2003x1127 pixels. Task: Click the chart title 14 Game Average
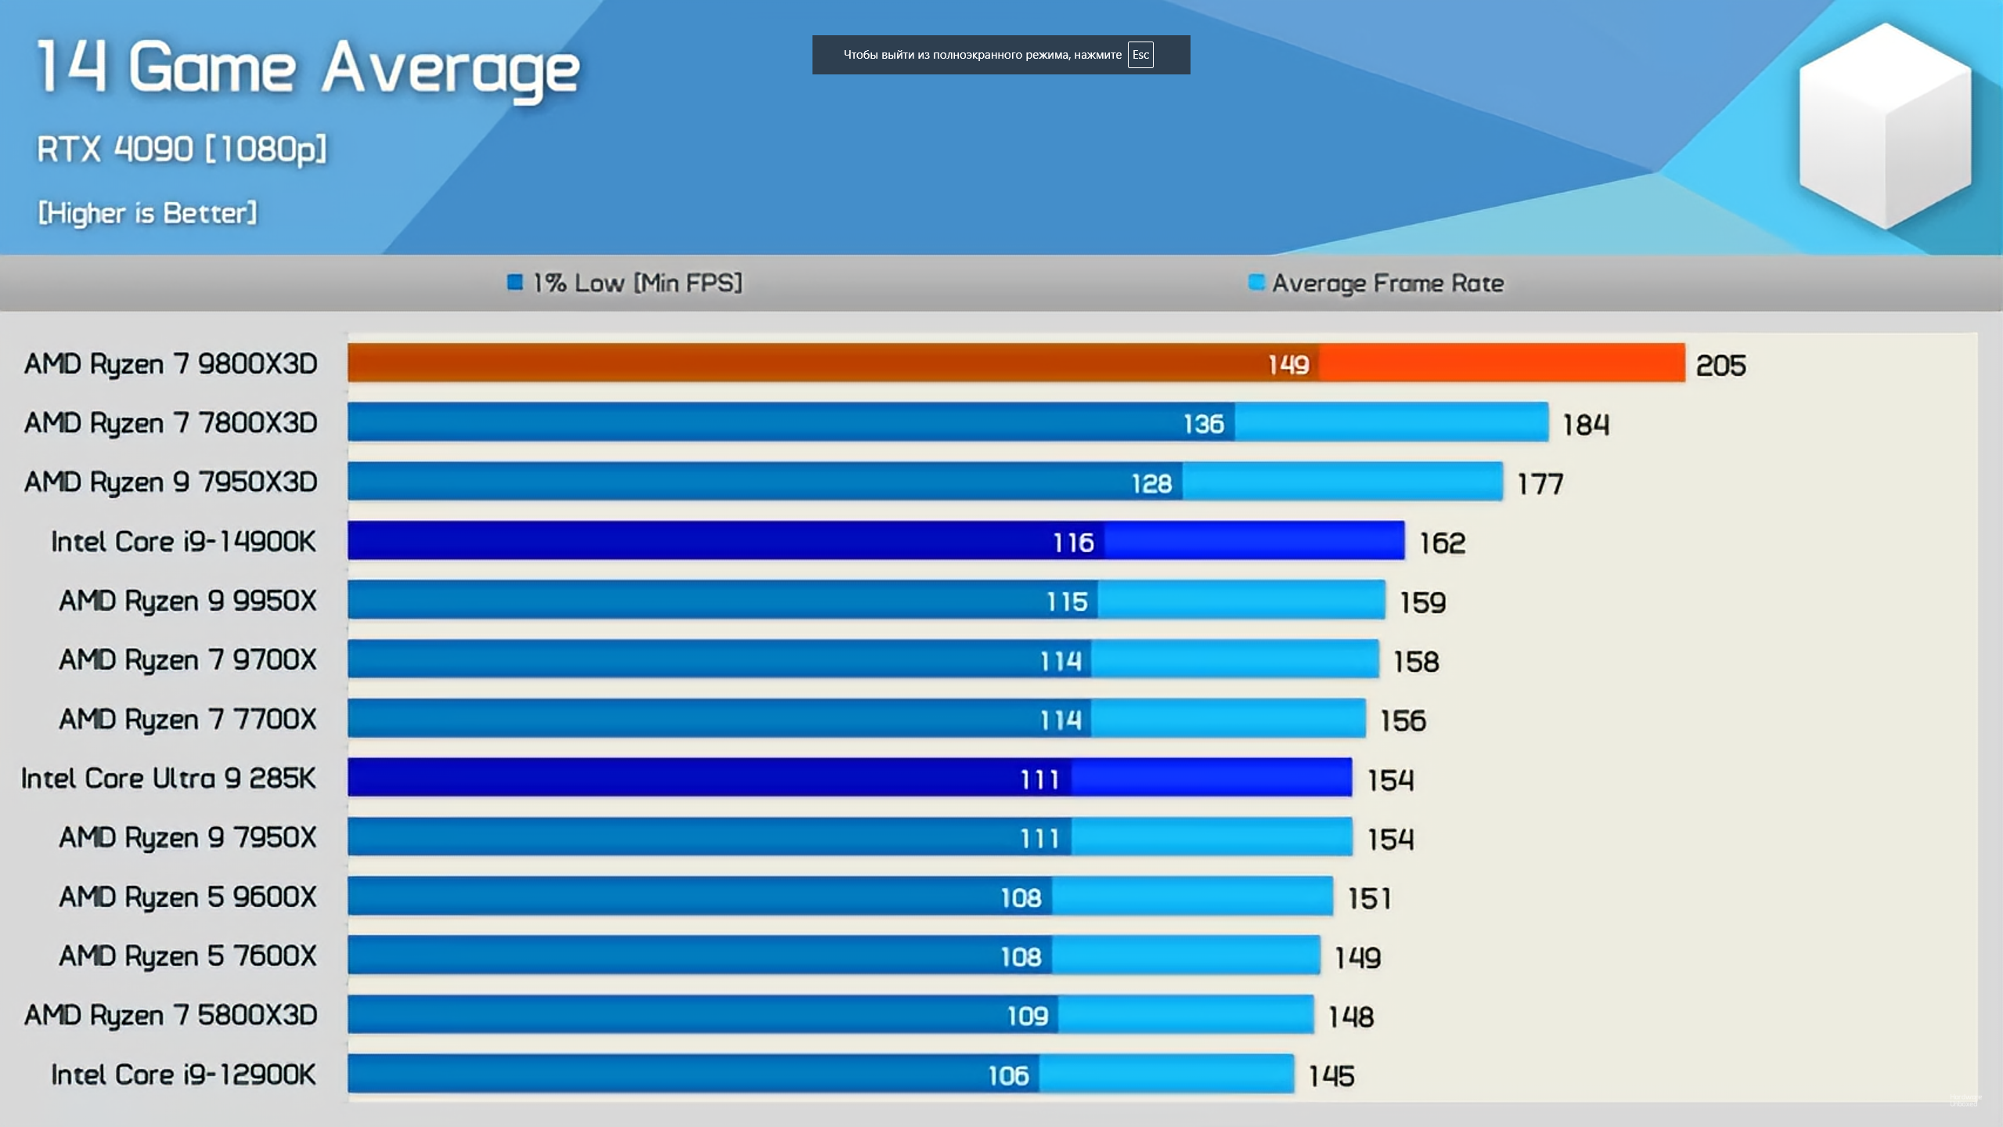(x=308, y=69)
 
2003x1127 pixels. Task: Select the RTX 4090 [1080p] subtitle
(x=182, y=149)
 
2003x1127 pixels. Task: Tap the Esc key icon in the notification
(x=1140, y=55)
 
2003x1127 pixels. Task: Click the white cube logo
(x=1884, y=125)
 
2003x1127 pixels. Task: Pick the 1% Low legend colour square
(x=515, y=282)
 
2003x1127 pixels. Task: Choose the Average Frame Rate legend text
(x=1387, y=283)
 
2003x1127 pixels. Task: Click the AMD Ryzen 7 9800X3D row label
(x=171, y=364)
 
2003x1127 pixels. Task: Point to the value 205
(x=1720, y=366)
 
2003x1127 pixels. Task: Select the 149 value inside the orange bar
(x=1288, y=364)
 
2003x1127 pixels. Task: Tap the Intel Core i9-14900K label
(x=183, y=542)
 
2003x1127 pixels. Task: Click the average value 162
(x=1442, y=544)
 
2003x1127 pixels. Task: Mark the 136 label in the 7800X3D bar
(x=1203, y=424)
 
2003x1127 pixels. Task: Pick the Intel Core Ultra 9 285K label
(x=168, y=778)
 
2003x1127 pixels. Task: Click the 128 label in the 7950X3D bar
(x=1151, y=484)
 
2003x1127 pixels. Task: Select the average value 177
(x=1540, y=485)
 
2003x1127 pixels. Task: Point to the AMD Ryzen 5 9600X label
(x=188, y=897)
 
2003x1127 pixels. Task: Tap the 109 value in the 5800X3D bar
(x=1027, y=1017)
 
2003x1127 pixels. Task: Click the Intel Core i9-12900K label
(x=183, y=1075)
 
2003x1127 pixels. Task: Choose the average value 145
(x=1331, y=1076)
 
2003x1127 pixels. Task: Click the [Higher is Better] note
(x=147, y=213)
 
